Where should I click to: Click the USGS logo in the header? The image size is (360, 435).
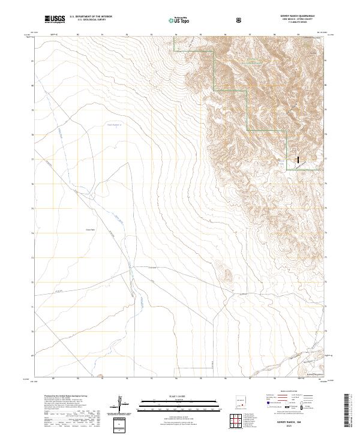tap(55, 19)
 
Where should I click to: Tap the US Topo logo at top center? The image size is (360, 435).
tap(178, 20)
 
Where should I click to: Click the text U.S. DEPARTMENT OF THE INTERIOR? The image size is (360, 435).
tap(91, 17)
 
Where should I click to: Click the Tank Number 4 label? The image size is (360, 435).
tap(114, 125)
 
